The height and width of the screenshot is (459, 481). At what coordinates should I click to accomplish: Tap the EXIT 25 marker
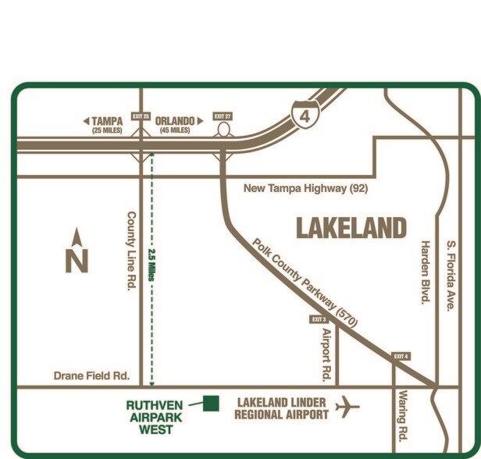point(141,116)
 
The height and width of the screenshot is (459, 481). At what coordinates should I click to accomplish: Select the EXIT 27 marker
point(223,116)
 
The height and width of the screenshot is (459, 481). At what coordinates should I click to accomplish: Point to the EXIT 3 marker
point(319,319)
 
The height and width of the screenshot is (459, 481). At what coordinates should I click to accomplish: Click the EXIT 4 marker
point(401,356)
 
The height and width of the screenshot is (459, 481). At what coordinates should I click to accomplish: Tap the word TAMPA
point(108,121)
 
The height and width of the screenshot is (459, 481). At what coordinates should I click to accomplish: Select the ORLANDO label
point(174,121)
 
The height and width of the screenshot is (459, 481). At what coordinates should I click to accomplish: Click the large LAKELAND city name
point(351,228)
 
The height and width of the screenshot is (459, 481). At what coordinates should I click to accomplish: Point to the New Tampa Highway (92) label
point(305,188)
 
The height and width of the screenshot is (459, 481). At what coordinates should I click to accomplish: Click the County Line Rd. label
point(130,251)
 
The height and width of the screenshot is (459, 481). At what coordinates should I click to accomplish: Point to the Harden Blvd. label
point(426,272)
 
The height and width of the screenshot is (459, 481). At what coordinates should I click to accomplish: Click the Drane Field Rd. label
point(91,375)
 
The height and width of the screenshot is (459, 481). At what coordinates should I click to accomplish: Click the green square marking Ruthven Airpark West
point(210,403)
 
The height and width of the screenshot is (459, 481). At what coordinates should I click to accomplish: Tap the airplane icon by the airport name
point(348,407)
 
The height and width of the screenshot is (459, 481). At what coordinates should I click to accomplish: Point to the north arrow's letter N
point(77,260)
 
